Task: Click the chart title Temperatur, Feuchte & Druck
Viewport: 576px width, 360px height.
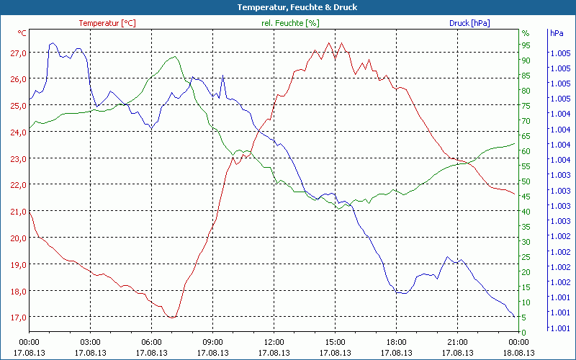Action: pos(287,7)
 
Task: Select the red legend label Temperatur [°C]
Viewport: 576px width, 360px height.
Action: pos(107,23)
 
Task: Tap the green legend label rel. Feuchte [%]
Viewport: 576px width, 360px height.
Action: pos(290,23)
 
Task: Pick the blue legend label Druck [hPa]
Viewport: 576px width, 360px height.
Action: pos(469,23)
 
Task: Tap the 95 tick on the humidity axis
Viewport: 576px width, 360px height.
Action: pos(526,45)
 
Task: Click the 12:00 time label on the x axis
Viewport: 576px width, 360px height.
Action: pos(274,342)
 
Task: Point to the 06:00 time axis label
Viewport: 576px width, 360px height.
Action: pos(151,342)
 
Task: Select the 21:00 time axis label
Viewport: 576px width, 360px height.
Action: pos(457,342)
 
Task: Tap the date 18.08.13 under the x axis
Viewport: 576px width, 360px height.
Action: pos(518,353)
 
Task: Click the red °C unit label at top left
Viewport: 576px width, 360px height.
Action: pos(22,33)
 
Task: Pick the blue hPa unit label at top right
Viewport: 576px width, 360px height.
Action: pos(557,33)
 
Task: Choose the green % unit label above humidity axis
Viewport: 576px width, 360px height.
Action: pos(525,33)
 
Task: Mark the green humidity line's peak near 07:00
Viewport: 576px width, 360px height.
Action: pos(175,56)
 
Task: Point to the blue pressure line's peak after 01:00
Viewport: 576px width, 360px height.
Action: pos(53,43)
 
